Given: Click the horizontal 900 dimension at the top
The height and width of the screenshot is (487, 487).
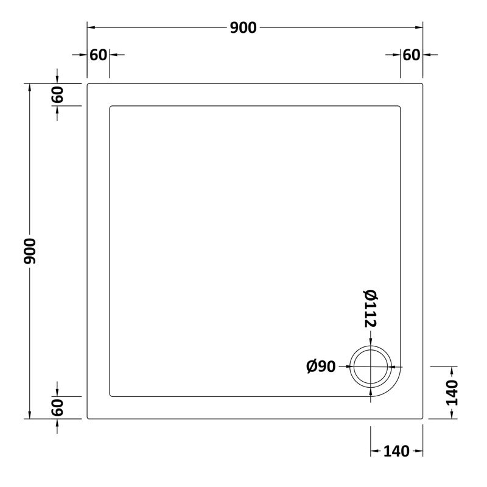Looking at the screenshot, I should pyautogui.click(x=243, y=27).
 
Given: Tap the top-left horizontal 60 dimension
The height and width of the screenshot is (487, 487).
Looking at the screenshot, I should pyautogui.click(x=98, y=55).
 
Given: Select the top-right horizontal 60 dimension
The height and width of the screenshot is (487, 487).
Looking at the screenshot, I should pyautogui.click(x=412, y=55).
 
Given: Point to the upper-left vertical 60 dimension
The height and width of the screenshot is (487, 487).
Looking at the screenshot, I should pyautogui.click(x=57, y=95).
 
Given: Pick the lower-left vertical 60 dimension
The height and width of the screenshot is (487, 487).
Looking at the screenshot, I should pyautogui.click(x=57, y=407).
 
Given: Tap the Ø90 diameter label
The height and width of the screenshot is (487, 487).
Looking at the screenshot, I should pyautogui.click(x=321, y=366).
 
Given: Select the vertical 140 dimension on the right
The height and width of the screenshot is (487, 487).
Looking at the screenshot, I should pyautogui.click(x=451, y=393).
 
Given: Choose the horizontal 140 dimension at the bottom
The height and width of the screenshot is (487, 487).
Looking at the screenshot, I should pyautogui.click(x=396, y=451).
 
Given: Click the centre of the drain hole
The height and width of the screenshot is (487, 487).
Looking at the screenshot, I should pyautogui.click(x=371, y=366).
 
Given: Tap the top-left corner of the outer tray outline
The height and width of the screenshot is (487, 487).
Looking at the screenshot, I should pyautogui.click(x=88, y=84).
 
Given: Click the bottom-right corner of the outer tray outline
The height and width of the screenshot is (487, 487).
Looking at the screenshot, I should pyautogui.click(x=422, y=418).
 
